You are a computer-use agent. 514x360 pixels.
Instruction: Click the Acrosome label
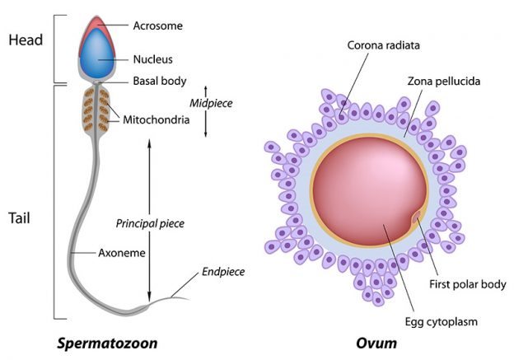click(158, 26)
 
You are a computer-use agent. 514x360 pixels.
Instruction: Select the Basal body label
click(160, 81)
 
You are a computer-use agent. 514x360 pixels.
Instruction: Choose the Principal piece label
click(150, 223)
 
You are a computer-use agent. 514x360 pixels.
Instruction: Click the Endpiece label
click(223, 272)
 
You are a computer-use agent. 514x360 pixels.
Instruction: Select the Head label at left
click(24, 40)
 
